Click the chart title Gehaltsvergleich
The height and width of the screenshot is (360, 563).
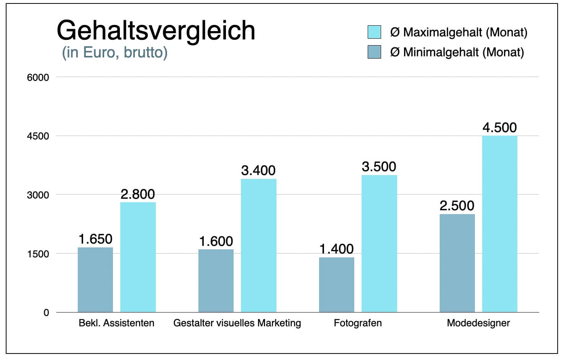pyautogui.click(x=156, y=31)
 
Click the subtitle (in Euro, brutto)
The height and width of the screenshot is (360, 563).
pyautogui.click(x=115, y=52)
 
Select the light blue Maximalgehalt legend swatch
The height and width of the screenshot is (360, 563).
pyautogui.click(x=374, y=32)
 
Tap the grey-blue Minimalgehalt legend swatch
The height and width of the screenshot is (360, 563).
pyautogui.click(x=374, y=52)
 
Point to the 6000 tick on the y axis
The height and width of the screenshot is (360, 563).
pyautogui.click(x=38, y=77)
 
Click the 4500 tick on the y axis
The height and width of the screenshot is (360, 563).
pyautogui.click(x=38, y=136)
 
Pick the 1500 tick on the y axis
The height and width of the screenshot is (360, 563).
pyautogui.click(x=38, y=254)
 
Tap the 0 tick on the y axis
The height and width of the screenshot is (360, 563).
pyautogui.click(x=46, y=313)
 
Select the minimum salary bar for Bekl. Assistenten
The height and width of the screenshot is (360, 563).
pyautogui.click(x=95, y=280)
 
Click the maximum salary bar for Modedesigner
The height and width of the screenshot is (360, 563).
pyautogui.click(x=500, y=224)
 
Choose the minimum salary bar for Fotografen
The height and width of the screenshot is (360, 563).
pyautogui.click(x=337, y=285)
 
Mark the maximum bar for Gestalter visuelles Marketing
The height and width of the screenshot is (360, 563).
pyautogui.click(x=259, y=245)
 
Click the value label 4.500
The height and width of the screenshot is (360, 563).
pyautogui.click(x=499, y=128)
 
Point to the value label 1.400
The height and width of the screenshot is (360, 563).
pyautogui.click(x=337, y=249)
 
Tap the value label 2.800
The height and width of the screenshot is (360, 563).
pyautogui.click(x=138, y=194)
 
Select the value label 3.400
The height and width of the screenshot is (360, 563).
pyautogui.click(x=259, y=170)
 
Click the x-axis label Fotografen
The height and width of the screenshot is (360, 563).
pyautogui.click(x=358, y=323)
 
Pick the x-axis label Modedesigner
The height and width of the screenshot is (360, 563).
pyautogui.click(x=478, y=323)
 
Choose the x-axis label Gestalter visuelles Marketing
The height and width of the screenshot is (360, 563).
pyautogui.click(x=237, y=323)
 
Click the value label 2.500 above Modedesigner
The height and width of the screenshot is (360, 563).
pyautogui.click(x=457, y=206)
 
